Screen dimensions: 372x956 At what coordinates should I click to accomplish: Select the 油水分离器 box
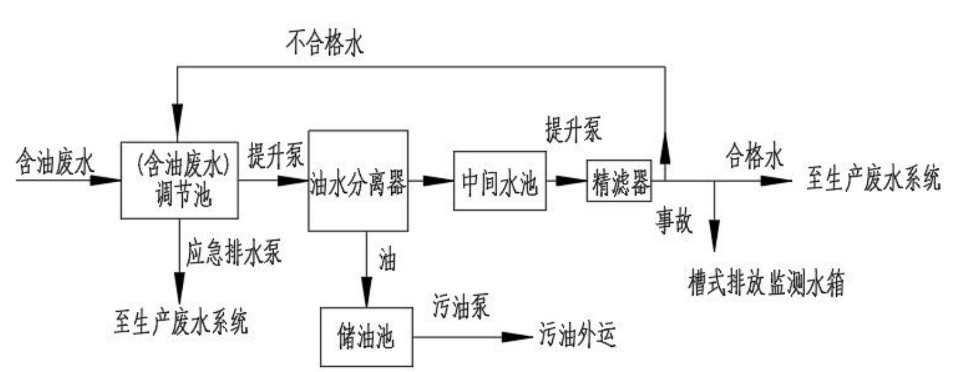coord(358,180)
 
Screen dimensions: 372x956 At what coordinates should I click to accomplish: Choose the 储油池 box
coord(366,338)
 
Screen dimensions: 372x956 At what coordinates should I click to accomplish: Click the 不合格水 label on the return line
coord(325,45)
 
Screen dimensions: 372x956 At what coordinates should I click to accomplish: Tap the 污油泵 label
coord(461,308)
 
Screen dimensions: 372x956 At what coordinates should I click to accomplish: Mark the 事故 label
coord(675,223)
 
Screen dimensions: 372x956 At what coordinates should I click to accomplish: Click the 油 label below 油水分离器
coord(388,261)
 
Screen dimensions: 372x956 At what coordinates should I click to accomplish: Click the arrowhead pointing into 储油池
coord(366,296)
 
